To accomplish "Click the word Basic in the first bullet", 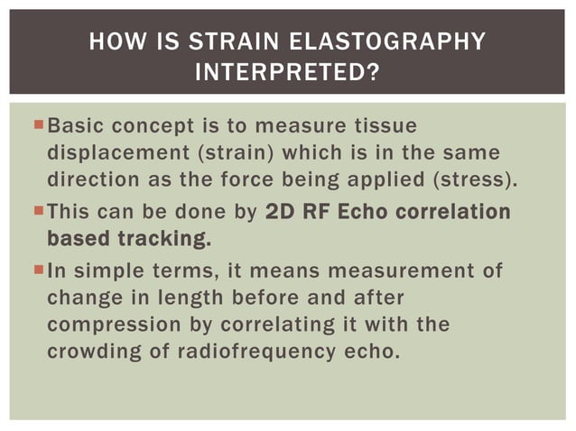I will point(75,123).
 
